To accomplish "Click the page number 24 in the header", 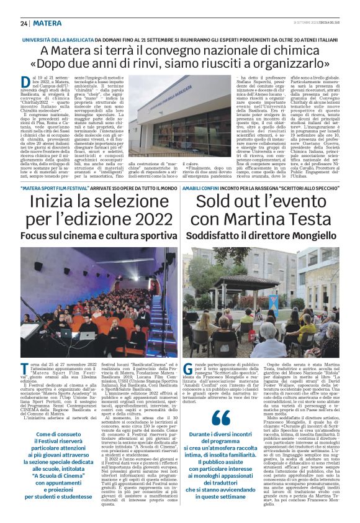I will (24, 23).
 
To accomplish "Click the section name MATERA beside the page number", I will (47, 23).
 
